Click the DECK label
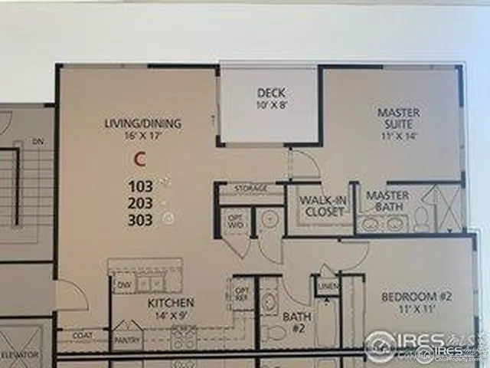click(x=270, y=94)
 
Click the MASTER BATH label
click(x=387, y=201)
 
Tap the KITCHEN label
click(x=170, y=302)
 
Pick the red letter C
click(x=139, y=159)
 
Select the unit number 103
click(x=142, y=186)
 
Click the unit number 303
click(x=142, y=220)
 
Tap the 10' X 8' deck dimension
click(x=270, y=106)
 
